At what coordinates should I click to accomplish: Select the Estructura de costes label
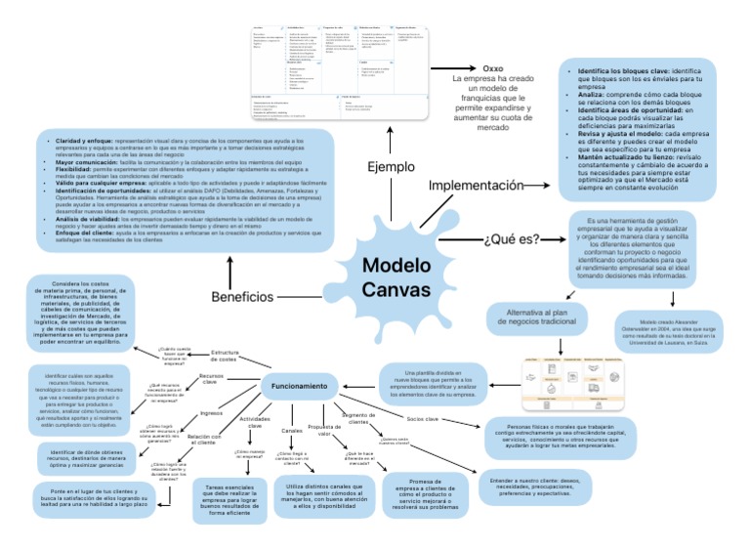pos(225,356)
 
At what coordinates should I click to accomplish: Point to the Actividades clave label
pos(256,422)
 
